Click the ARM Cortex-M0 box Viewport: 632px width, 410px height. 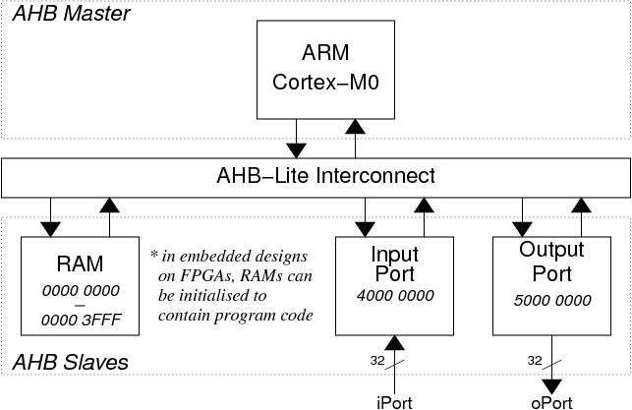coord(325,70)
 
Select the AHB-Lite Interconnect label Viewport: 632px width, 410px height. coord(325,176)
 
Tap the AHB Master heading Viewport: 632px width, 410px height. coord(72,14)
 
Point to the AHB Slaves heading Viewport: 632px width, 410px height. coord(71,362)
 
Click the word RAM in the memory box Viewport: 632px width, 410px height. coord(81,264)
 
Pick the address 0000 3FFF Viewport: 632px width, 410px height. coord(81,321)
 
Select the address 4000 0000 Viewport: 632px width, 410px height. coord(395,296)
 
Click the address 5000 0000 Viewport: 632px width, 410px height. coord(552,300)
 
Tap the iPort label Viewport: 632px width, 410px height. coord(394,403)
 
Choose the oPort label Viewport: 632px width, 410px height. coord(551,403)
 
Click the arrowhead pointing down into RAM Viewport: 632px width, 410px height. coord(50,229)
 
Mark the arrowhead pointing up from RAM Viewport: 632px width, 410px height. coord(109,205)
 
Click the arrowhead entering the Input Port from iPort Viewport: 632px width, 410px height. coord(394,343)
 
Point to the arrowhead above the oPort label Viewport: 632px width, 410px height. coord(551,387)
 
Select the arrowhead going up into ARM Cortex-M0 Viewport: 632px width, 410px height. coord(355,127)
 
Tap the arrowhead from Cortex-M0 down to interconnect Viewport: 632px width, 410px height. coord(296,150)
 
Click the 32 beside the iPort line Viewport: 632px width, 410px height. coord(377,361)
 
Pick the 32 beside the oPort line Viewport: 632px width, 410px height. coord(535,361)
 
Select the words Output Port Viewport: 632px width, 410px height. coord(551,262)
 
